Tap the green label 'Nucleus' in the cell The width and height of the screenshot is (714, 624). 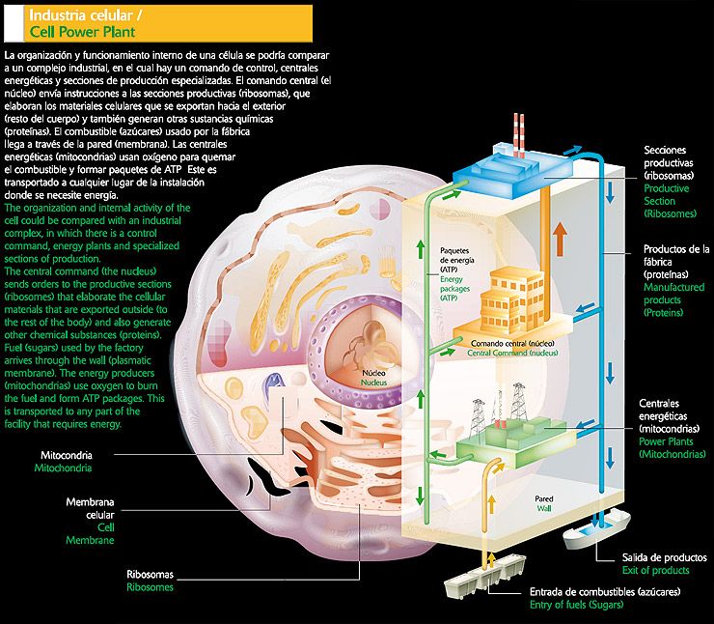click(373, 383)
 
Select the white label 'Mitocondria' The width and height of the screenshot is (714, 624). click(66, 455)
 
